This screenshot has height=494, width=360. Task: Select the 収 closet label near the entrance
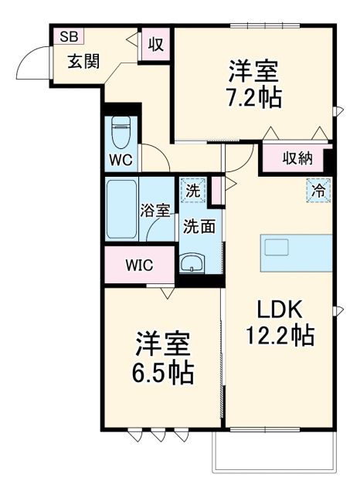click(156, 45)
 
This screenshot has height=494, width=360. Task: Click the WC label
click(121, 160)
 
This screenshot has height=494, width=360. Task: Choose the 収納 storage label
click(296, 159)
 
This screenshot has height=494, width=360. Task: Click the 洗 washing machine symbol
click(192, 189)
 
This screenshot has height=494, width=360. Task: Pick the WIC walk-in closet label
click(139, 265)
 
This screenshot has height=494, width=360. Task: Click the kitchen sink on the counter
click(277, 247)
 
